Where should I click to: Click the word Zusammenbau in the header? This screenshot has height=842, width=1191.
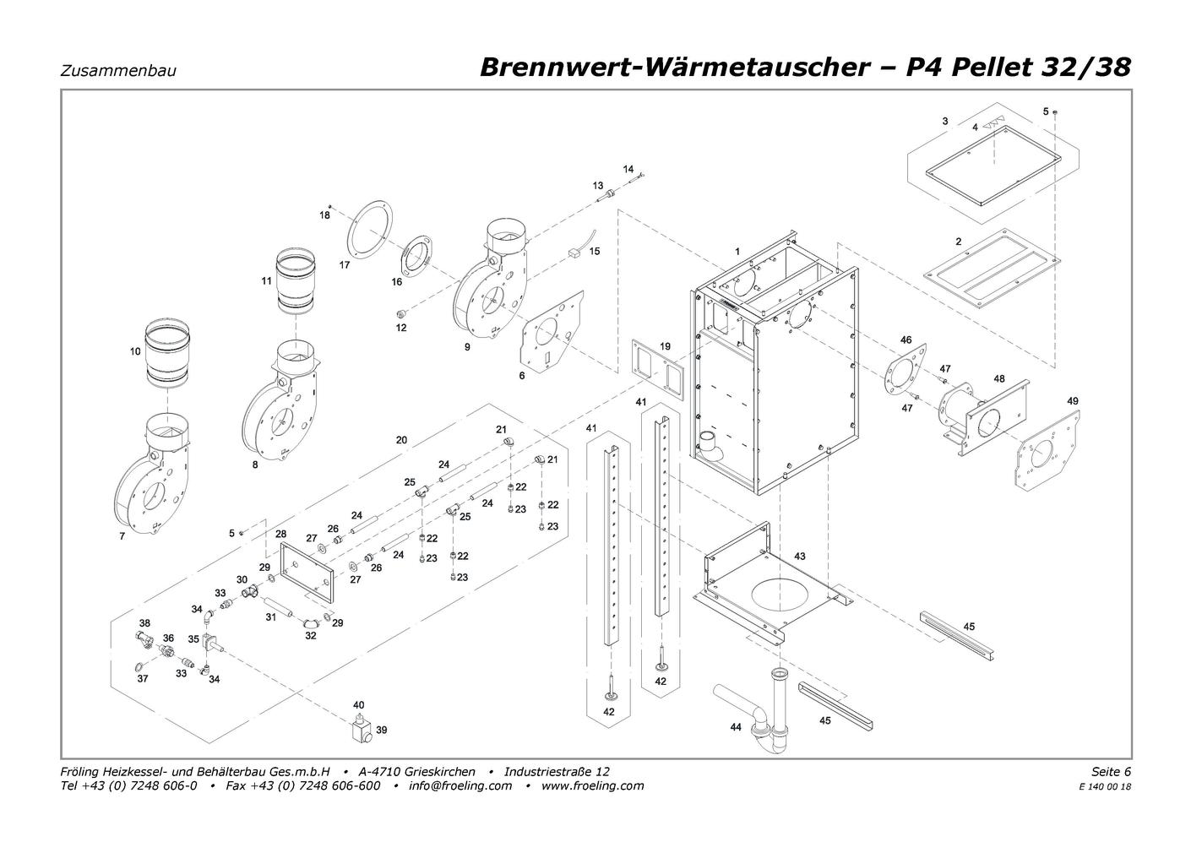point(118,71)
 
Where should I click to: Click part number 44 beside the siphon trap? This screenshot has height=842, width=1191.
point(736,726)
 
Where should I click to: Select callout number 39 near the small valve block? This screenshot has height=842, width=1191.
point(381,730)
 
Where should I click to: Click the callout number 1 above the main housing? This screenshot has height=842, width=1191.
point(737,252)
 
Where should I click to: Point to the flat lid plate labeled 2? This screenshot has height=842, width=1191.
point(992,269)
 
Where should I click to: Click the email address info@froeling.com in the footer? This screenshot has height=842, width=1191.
point(460,785)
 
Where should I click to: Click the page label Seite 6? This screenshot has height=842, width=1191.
point(1111,771)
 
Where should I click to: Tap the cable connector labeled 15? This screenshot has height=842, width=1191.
point(575,250)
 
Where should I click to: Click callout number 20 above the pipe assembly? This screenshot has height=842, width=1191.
point(401,440)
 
